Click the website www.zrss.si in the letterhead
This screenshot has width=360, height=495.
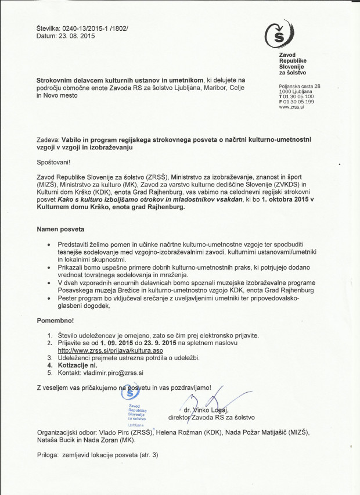292,107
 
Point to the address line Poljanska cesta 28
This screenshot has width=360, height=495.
300,86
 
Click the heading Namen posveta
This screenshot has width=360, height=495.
60,229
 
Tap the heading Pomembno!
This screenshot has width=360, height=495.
55,320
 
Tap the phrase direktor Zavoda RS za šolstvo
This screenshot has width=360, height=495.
211,417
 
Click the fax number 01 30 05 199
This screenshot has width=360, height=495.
299,102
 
